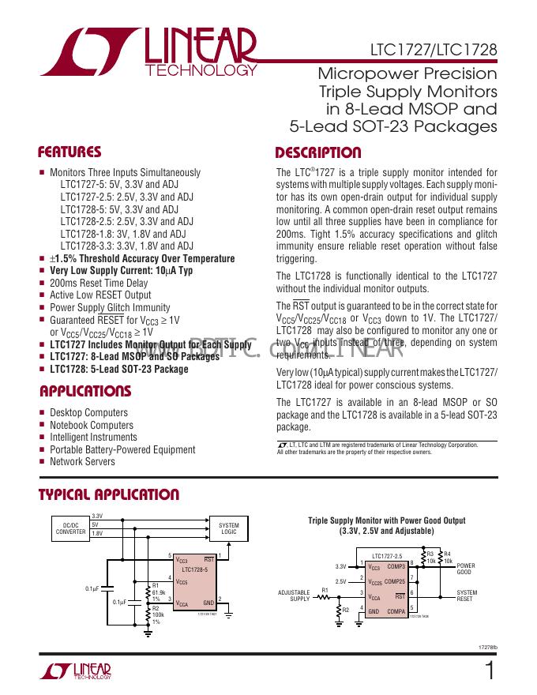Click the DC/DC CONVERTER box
pos(70,528)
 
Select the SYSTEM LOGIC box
pos(229,528)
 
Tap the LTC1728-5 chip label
pos(194,569)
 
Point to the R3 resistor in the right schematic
pos(430,558)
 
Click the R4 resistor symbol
pos(441,558)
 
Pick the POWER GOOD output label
pos(466,569)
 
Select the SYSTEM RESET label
pos(467,595)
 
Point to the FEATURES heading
pos(70,152)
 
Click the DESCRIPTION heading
pos(317,153)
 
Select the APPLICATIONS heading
pos(84,392)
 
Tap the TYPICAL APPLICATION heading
pos(109,495)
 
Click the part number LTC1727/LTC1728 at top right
pos(434,50)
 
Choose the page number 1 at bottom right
pos(491,672)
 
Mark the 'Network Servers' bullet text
pos(82,462)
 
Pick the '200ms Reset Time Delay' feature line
pos(99,283)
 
